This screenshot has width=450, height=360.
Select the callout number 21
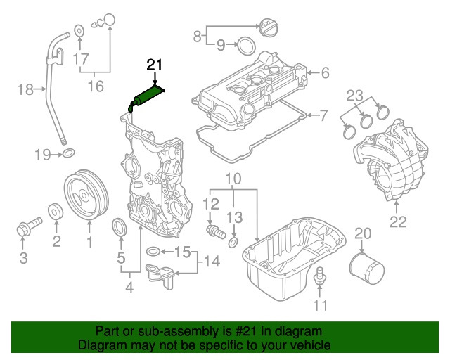154,65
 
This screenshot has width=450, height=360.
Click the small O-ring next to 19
68,154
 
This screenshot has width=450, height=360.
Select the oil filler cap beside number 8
270,30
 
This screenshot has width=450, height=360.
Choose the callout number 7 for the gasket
325,115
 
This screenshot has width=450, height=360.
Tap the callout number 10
233,179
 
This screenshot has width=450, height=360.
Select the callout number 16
95,86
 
